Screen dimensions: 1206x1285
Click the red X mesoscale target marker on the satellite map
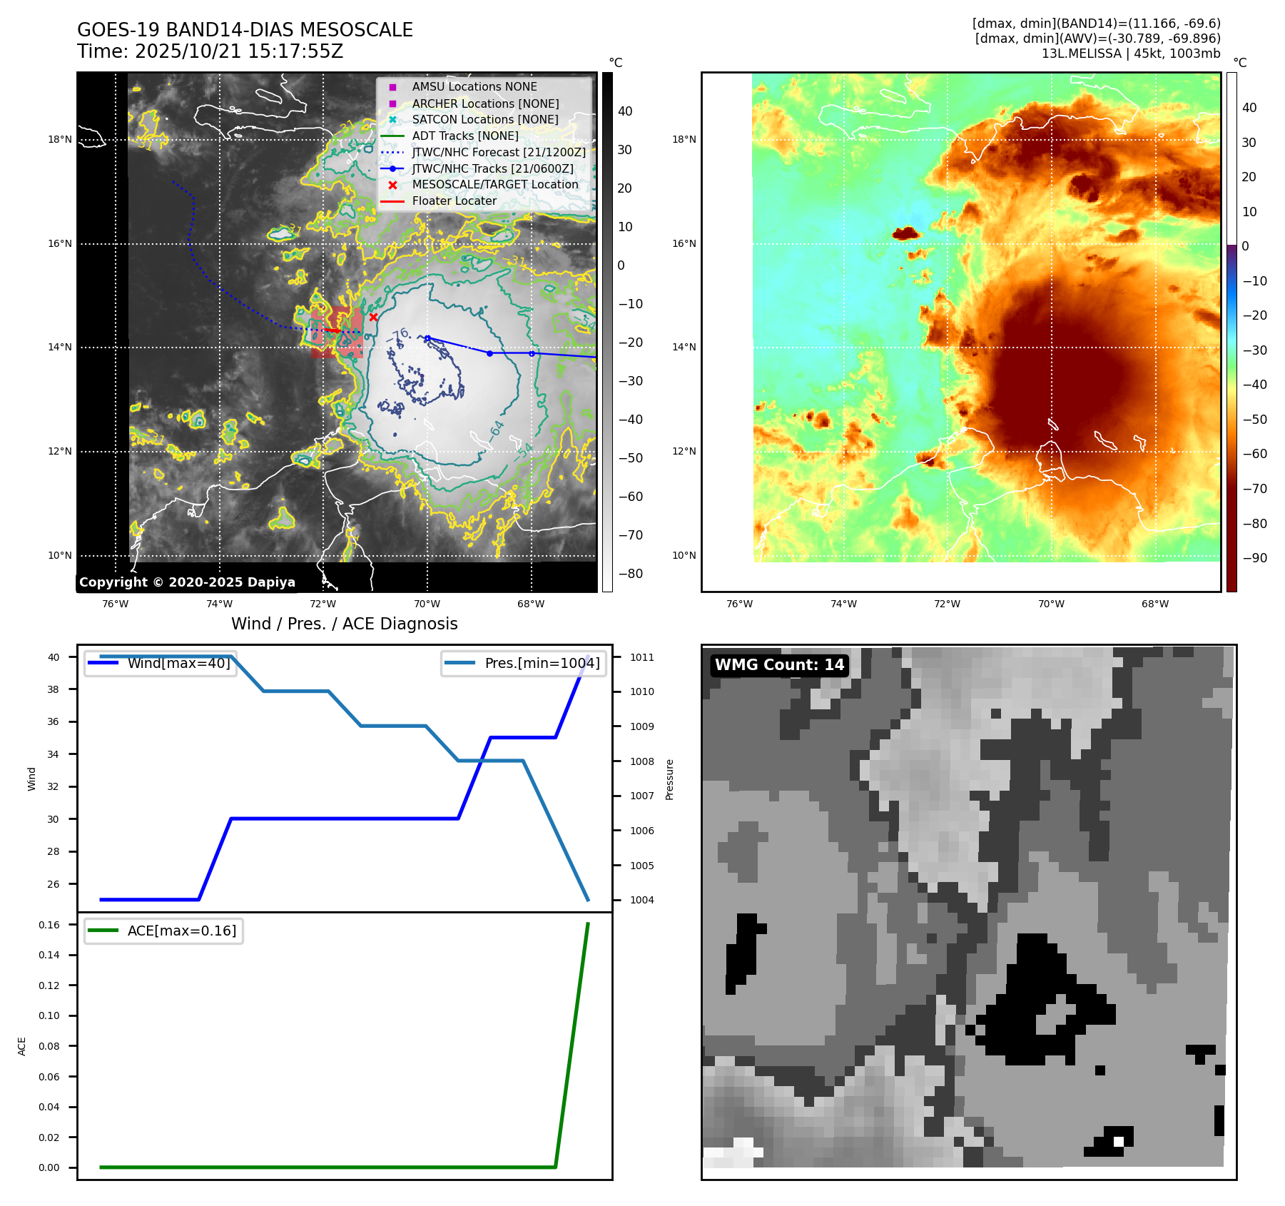tap(373, 317)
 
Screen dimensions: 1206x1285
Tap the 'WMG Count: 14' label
tap(779, 665)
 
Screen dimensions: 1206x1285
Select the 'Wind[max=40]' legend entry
tap(178, 663)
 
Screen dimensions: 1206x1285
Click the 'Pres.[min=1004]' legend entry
tap(542, 663)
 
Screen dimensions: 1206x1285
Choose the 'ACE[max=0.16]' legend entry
tap(181, 931)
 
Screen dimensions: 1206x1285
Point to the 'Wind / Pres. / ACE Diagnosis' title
tap(344, 624)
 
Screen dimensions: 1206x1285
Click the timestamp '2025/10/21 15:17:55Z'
tap(239, 52)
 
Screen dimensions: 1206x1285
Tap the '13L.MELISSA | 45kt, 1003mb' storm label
tap(1130, 54)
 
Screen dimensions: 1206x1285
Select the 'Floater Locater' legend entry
tap(454, 201)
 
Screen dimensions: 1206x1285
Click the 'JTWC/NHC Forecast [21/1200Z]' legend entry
tap(498, 153)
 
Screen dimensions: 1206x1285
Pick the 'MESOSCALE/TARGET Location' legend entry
tap(494, 185)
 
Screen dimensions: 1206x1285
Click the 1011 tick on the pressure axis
tap(641, 657)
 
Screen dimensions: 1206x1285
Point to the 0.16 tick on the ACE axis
tap(49, 925)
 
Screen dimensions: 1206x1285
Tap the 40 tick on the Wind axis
tap(54, 657)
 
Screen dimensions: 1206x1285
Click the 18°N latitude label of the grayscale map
tap(60, 140)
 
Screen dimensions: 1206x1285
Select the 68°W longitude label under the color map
tap(1154, 604)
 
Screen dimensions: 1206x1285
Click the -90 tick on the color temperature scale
tap(1254, 558)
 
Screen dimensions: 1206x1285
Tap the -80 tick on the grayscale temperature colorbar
tap(630, 574)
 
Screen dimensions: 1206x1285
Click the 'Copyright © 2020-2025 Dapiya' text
tap(187, 582)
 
